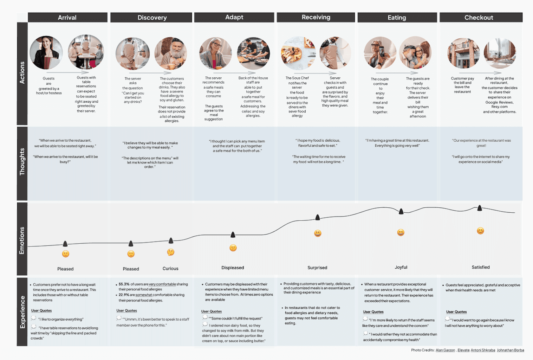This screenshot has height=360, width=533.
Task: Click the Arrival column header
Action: tap(67, 17)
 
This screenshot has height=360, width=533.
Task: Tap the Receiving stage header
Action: tap(316, 17)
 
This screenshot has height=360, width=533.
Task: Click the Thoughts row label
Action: tap(22, 162)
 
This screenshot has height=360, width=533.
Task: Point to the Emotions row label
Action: tap(22, 240)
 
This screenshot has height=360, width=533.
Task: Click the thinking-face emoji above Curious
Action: tap(171, 252)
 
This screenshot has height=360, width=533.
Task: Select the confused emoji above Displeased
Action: tap(233, 248)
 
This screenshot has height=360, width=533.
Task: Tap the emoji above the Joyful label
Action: tap(401, 232)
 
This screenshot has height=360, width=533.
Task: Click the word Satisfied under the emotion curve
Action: tap(481, 267)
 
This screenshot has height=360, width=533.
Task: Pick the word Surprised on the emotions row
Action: tap(317, 268)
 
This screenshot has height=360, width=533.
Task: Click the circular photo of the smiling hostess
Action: tap(46, 52)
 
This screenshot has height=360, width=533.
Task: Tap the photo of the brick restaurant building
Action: tap(463, 53)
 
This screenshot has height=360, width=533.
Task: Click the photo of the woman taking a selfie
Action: tap(380, 53)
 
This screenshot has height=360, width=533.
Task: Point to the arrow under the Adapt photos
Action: tap(234, 73)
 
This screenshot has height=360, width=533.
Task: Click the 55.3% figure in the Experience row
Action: tap(124, 284)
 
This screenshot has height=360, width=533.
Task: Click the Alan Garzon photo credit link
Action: tap(445, 350)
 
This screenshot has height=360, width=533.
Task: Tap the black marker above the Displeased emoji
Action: tap(233, 234)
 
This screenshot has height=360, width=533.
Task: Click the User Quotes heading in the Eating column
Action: tap(373, 312)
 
